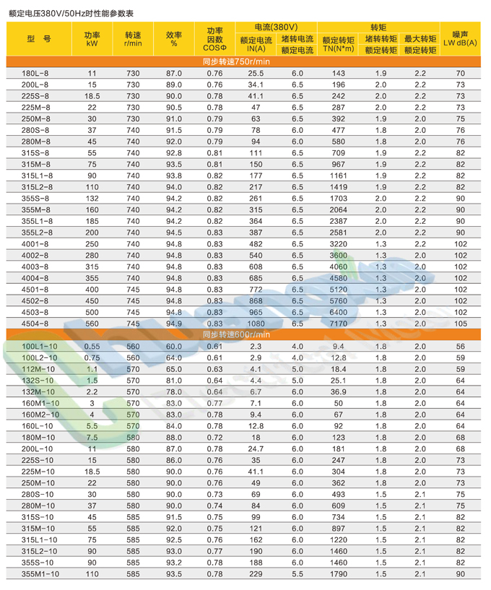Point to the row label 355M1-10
pyautogui.click(x=39, y=573)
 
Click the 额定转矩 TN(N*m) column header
pyautogui.click(x=338, y=45)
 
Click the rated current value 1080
pyautogui.click(x=256, y=324)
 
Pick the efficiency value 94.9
pyautogui.click(x=174, y=324)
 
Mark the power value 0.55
pyautogui.click(x=92, y=347)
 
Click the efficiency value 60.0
pyautogui.click(x=174, y=347)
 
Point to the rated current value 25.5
pyautogui.click(x=256, y=74)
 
